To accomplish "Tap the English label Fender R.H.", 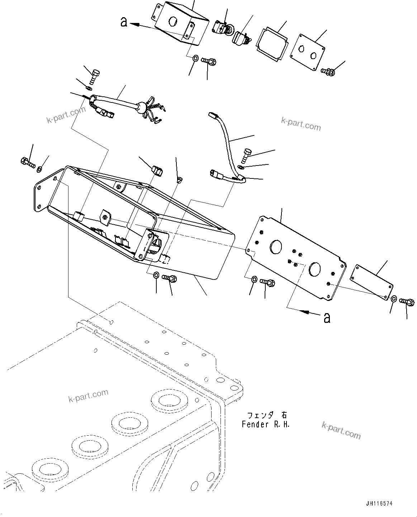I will (265, 425).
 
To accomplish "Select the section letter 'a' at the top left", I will (124, 22).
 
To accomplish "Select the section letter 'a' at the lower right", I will (327, 317).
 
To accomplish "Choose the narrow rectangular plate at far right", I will (371, 281).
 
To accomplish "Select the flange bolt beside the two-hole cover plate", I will (328, 72).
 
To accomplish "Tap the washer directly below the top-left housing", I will (195, 58).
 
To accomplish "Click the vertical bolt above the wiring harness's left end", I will (95, 76).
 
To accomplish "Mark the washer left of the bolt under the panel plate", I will (254, 279).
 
